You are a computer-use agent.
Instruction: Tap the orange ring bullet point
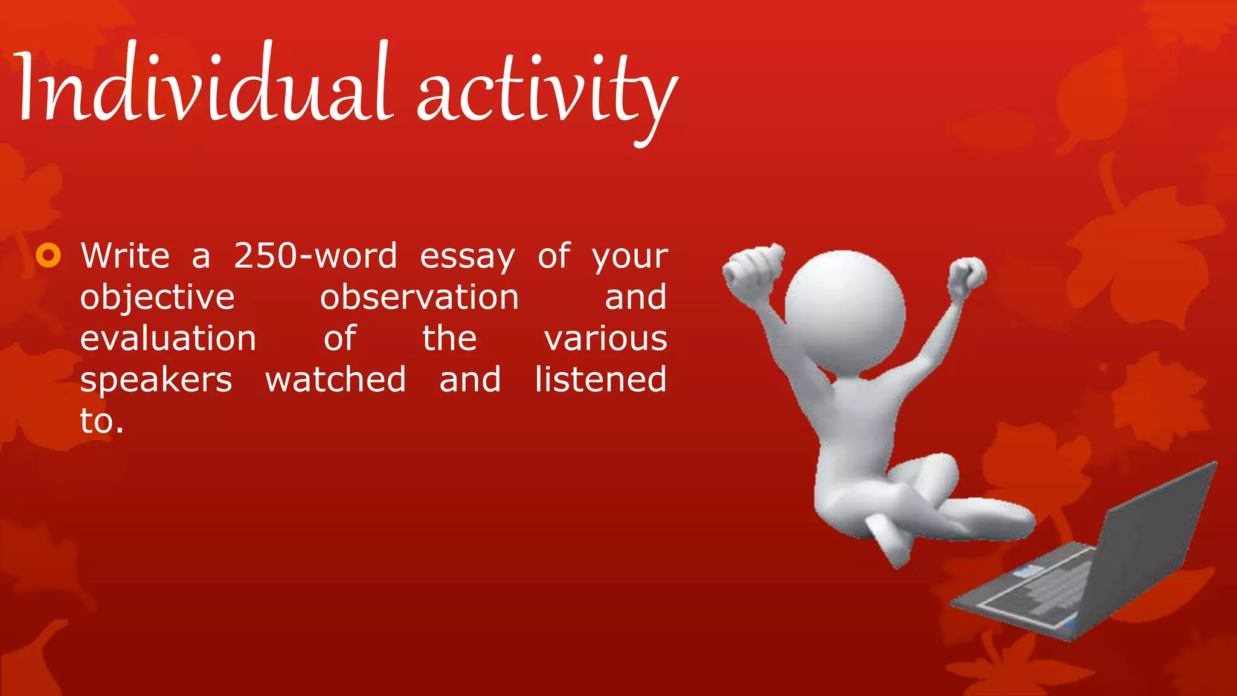(x=48, y=256)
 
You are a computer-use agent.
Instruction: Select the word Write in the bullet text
(x=125, y=256)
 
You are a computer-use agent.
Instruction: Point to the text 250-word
(x=315, y=256)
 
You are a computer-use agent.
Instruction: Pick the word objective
(x=157, y=297)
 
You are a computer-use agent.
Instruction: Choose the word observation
(x=419, y=297)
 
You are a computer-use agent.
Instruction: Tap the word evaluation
(x=168, y=338)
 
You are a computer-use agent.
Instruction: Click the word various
(x=605, y=338)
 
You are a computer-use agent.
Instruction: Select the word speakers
(x=156, y=381)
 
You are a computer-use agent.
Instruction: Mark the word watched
(x=335, y=379)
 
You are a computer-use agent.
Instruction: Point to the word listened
(x=600, y=379)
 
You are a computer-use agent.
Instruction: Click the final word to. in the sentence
(x=101, y=421)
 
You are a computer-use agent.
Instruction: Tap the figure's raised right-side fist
(x=966, y=275)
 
